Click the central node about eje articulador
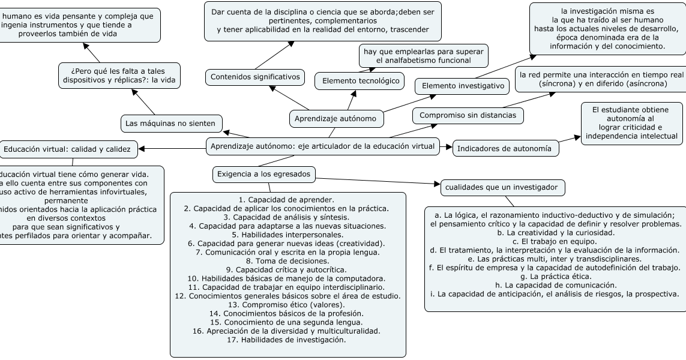(x=322, y=146)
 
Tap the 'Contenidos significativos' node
(x=255, y=77)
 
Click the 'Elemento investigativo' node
(x=463, y=86)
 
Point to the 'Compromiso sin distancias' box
(x=468, y=115)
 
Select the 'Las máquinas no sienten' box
(x=170, y=124)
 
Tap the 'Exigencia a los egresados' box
(x=264, y=174)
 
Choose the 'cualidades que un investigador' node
(x=502, y=188)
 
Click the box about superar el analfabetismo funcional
(x=423, y=56)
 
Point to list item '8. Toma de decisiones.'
(x=287, y=261)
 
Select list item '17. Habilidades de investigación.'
(x=287, y=340)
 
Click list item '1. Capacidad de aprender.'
(x=287, y=199)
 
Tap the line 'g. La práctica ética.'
(x=555, y=276)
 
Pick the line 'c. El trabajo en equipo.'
(x=555, y=241)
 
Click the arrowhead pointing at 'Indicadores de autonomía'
(x=448, y=146)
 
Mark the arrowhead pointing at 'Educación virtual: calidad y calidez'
(x=142, y=148)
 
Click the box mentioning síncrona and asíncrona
(x=601, y=79)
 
